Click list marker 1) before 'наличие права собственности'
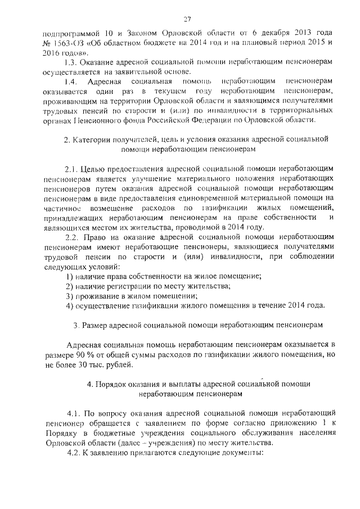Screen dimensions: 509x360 coord(70,276)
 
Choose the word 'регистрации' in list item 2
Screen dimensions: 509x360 coord(128,286)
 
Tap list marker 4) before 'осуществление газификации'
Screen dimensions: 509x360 coord(70,305)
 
